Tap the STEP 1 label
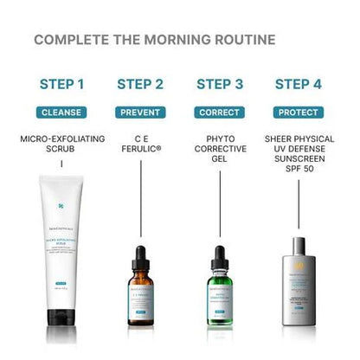click(61, 84)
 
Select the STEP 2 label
click(140, 84)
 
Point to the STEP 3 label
click(219, 84)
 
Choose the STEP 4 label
click(299, 84)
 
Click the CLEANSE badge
click(61, 112)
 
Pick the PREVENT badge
click(140, 112)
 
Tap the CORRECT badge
click(219, 112)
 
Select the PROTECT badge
click(299, 112)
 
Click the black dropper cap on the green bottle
click(219, 257)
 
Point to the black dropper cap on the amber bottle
click(140, 257)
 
